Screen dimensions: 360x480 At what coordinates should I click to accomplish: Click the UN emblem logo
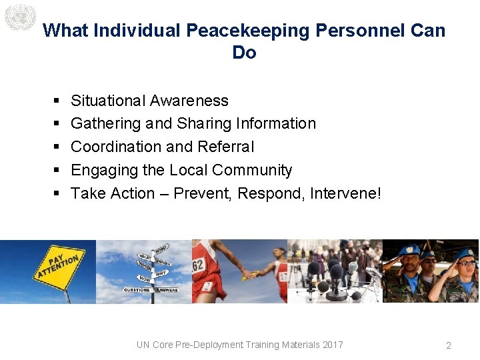(x=19, y=17)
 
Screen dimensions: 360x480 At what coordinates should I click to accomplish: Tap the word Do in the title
(x=244, y=53)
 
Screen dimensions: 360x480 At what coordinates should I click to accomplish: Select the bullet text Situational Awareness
(x=149, y=101)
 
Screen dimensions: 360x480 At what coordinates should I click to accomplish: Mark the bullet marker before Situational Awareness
(x=55, y=101)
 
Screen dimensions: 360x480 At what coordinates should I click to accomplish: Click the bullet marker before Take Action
(x=55, y=194)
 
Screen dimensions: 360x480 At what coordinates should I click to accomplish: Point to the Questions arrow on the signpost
(x=137, y=290)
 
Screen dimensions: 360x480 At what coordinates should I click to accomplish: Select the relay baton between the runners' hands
(x=249, y=274)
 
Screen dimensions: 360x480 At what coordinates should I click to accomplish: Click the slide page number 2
(x=449, y=345)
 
